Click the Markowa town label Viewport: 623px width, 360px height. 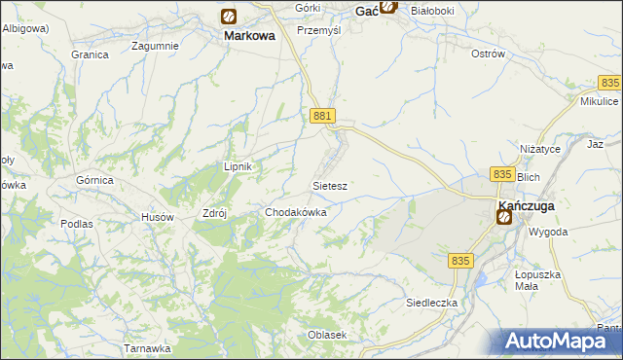[249, 35]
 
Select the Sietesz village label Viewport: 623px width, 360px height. [330, 185]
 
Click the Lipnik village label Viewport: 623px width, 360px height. [238, 166]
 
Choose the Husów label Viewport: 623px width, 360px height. [158, 217]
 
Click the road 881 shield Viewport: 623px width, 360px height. [324, 116]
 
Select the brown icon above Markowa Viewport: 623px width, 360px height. [228, 16]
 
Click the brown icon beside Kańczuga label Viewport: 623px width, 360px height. [503, 217]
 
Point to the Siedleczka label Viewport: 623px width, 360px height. [431, 303]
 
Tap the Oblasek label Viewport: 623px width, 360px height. [327, 335]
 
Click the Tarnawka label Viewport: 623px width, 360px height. [148, 347]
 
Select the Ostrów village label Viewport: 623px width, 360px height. [488, 54]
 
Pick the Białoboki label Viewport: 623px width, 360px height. [434, 10]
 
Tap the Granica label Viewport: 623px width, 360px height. [90, 54]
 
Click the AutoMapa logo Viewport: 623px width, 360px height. [560, 341]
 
